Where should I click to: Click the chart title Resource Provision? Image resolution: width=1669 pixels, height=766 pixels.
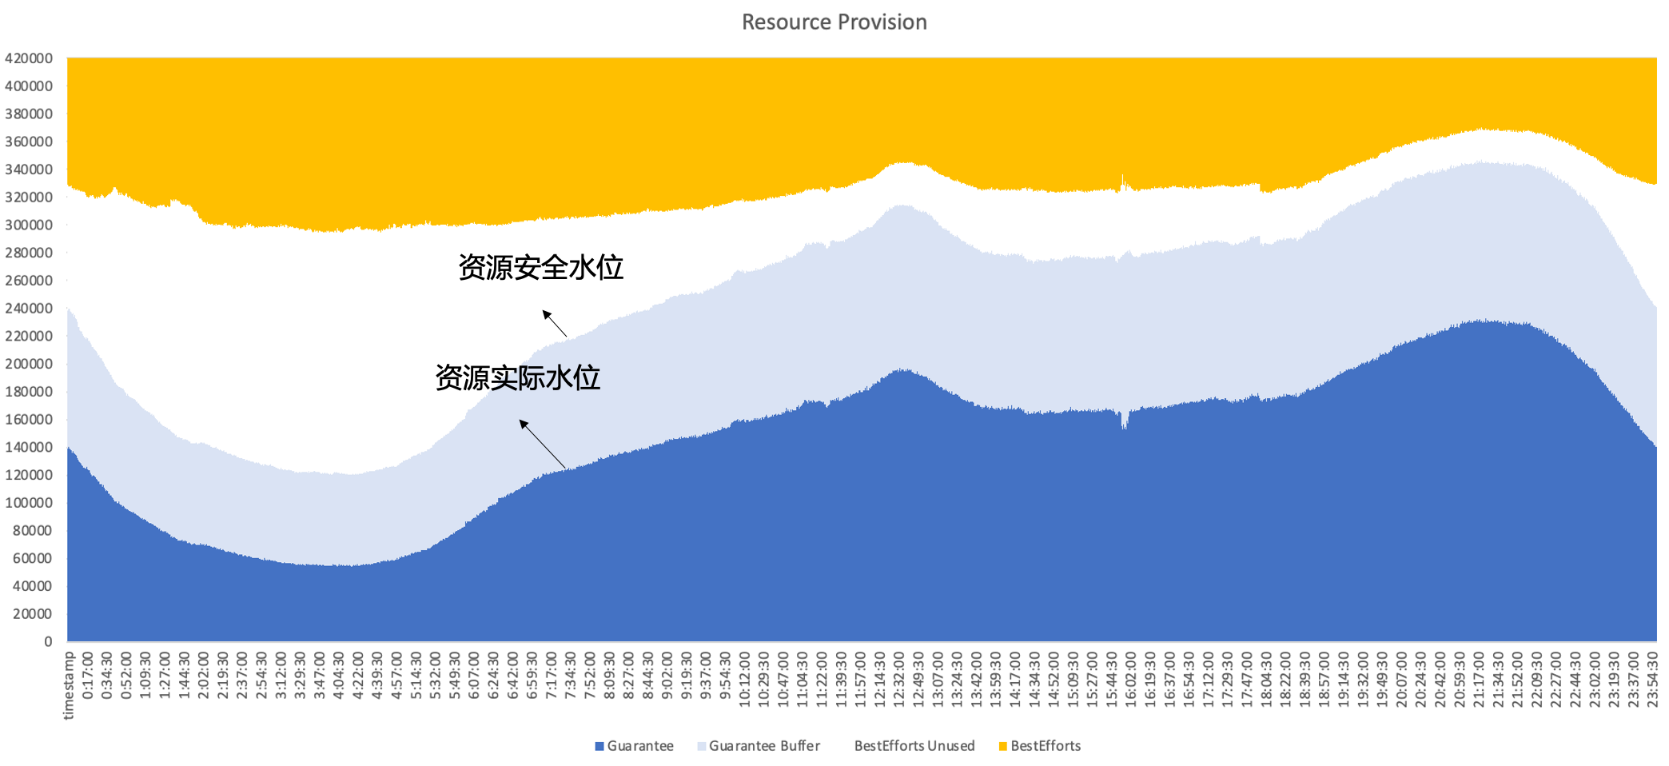[x=834, y=22]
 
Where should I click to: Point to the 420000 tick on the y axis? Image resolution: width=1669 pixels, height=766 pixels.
[x=29, y=58]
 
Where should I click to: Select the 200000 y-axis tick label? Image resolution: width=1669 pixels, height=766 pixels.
[x=29, y=364]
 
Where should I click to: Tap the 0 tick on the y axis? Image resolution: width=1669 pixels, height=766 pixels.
[x=48, y=641]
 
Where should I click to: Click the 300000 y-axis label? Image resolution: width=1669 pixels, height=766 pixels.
[x=29, y=225]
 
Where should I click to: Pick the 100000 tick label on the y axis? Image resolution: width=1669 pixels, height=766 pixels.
[x=29, y=503]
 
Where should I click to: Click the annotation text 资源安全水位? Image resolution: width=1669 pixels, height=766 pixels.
[x=540, y=267]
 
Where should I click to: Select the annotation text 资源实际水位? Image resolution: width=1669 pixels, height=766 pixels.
[x=517, y=377]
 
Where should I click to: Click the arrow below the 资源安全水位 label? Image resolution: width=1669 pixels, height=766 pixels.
[x=555, y=323]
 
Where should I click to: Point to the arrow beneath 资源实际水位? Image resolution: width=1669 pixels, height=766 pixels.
[x=543, y=444]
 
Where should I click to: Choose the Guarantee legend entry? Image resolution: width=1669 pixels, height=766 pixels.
[x=639, y=746]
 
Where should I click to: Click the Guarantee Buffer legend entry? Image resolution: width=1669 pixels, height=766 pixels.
[x=763, y=746]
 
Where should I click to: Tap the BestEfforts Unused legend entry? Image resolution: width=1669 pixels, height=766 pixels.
[x=914, y=746]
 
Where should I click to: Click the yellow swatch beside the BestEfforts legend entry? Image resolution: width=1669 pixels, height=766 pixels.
[x=1003, y=747]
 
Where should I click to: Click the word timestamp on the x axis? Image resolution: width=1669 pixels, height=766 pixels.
[x=69, y=686]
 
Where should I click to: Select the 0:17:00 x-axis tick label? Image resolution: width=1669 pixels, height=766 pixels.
[x=88, y=676]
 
